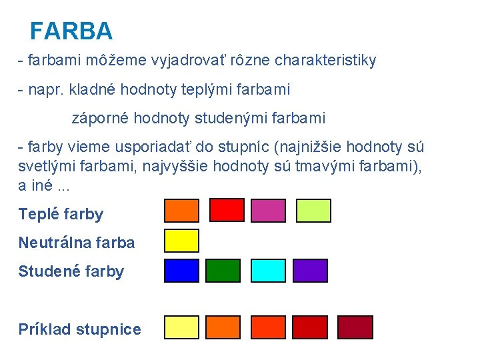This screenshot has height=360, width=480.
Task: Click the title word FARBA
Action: tap(71, 31)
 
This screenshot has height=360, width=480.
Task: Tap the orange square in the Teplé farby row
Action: tap(182, 210)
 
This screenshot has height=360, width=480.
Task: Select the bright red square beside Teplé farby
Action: tap(227, 210)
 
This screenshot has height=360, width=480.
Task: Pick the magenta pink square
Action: tap(268, 210)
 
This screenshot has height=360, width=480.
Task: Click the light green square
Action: tap(313, 210)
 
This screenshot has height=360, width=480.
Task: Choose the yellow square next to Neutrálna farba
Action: tap(182, 240)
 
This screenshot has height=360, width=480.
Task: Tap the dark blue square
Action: tap(182, 270)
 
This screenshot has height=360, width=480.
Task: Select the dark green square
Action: tap(223, 270)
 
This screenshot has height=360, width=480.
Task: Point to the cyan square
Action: tap(268, 270)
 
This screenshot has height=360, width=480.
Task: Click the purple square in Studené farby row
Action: tap(311, 270)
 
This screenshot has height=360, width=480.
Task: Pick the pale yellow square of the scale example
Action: tap(182, 327)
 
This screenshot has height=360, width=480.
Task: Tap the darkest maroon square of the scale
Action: tap(355, 327)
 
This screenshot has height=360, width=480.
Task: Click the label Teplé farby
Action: tap(61, 215)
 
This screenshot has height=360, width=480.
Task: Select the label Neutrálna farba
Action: tap(77, 243)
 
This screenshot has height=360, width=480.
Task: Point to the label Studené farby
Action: tap(71, 271)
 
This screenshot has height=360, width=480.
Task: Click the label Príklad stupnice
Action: tap(79, 329)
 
